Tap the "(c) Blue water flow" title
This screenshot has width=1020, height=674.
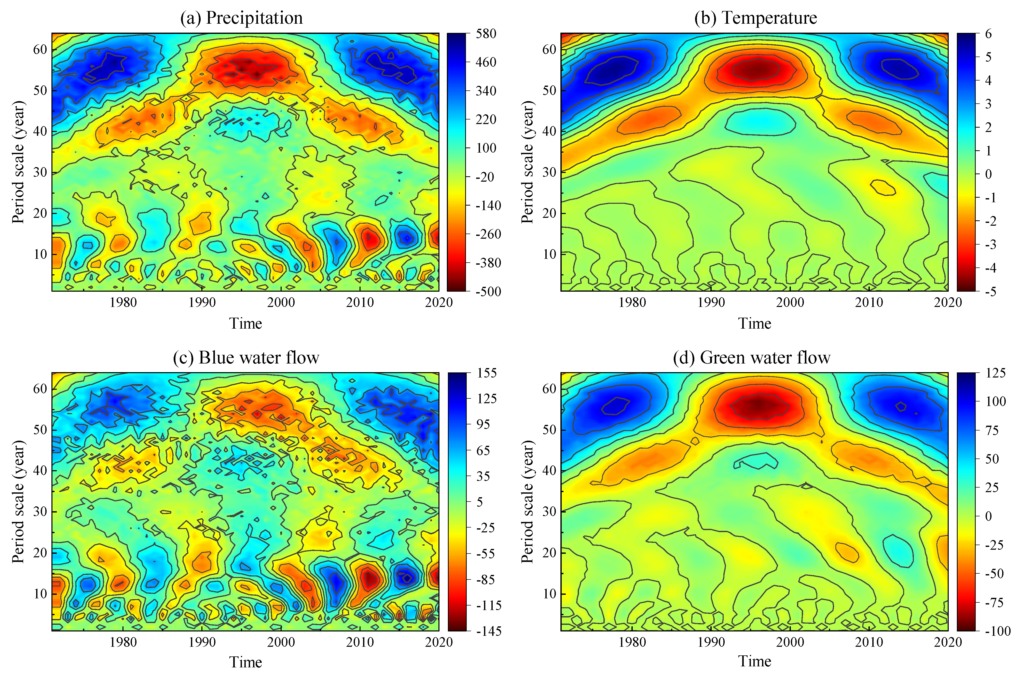(246, 358)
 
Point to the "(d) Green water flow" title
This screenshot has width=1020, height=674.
(751, 358)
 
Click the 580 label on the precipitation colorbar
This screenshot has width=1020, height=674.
(486, 34)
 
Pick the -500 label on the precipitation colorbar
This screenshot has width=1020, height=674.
(488, 291)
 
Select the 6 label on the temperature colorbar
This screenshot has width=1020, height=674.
(988, 34)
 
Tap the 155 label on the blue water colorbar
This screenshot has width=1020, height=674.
(487, 373)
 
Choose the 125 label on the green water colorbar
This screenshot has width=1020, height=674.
(996, 373)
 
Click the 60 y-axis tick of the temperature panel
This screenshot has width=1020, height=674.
(549, 49)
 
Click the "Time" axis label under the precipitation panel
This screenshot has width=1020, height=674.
(245, 323)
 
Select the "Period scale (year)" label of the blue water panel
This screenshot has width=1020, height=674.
(18, 502)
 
